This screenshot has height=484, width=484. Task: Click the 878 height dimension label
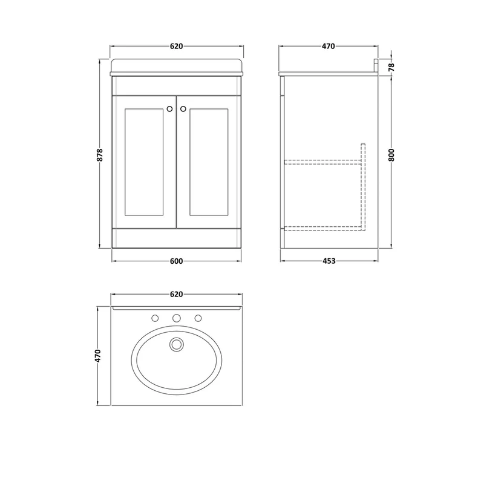click(99, 155)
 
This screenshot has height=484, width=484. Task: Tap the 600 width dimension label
click(176, 261)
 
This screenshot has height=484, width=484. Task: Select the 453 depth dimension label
click(329, 261)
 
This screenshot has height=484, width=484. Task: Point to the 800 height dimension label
click(391, 155)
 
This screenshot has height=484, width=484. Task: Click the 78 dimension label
click(391, 67)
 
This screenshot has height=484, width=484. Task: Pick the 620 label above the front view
click(176, 47)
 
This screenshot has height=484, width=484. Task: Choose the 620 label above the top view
click(176, 294)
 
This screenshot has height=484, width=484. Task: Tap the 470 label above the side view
click(329, 47)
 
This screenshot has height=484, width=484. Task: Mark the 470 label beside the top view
click(98, 356)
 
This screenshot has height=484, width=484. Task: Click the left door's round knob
click(169, 109)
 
